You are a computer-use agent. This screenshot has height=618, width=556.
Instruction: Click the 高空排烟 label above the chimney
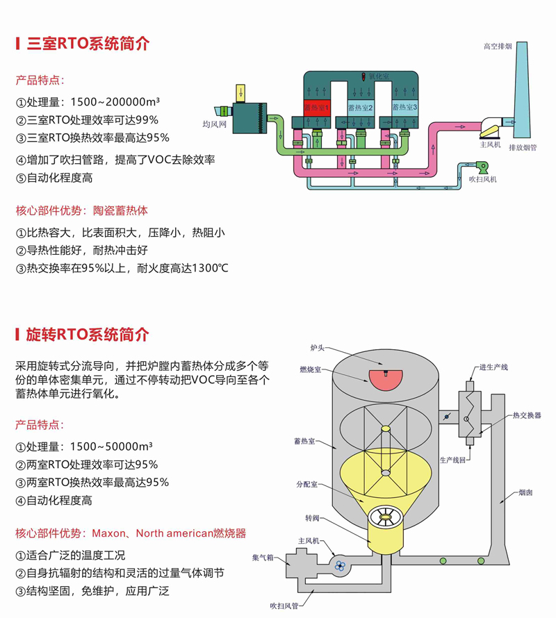[498, 47]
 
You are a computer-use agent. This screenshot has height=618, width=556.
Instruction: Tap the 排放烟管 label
[522, 147]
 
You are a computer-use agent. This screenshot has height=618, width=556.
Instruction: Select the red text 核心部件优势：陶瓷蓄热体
[82, 210]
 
